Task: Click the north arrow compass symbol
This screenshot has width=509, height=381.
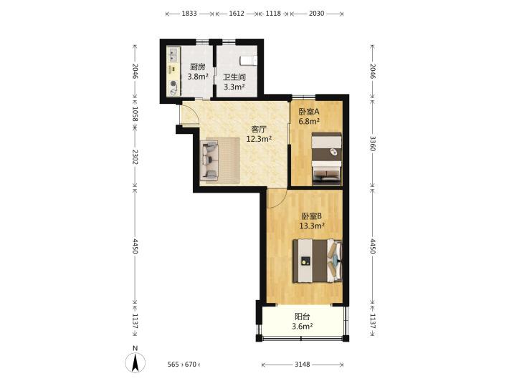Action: [135, 362]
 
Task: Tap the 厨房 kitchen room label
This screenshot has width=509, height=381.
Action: [197, 67]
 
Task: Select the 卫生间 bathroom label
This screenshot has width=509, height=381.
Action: [234, 77]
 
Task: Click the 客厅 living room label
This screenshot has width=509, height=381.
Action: [259, 129]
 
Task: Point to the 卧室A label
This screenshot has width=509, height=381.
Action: [309, 112]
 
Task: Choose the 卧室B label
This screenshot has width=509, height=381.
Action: [312, 216]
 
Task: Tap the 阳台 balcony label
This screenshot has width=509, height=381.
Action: [302, 316]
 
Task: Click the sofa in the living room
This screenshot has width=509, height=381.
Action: [209, 160]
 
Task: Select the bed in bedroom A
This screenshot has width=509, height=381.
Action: [327, 159]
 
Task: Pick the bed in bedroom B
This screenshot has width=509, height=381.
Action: [318, 261]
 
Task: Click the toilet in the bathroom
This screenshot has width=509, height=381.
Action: [248, 61]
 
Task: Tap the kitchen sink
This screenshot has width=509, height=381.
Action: [173, 54]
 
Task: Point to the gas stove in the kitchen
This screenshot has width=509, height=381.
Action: [174, 87]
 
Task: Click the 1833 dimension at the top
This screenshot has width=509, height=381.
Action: [189, 14]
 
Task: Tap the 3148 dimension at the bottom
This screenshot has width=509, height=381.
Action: [303, 365]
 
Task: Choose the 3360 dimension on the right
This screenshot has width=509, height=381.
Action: [373, 143]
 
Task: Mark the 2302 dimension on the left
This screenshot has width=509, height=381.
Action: [135, 157]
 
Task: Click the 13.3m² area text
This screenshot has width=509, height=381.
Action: [312, 226]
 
